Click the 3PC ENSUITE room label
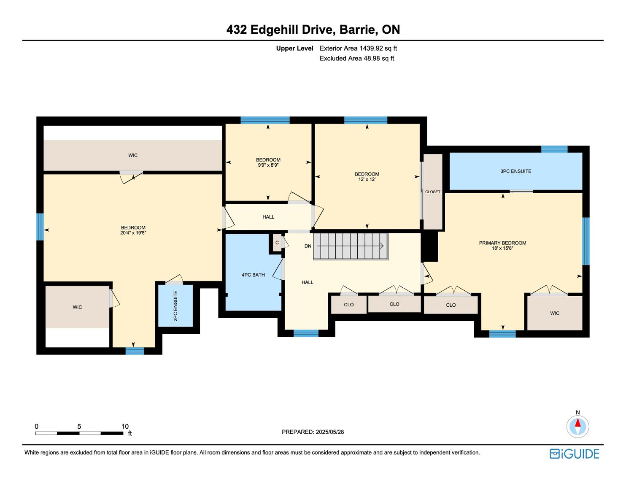click(515, 171)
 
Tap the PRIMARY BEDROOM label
click(502, 243)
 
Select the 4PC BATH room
click(253, 272)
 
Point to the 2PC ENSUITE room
click(175, 306)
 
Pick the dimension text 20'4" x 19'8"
click(133, 233)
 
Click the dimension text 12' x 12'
click(367, 179)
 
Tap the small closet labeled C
click(277, 243)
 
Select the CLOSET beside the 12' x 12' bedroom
click(432, 192)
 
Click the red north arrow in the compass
click(577, 422)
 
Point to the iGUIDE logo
click(575, 454)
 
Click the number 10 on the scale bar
click(125, 426)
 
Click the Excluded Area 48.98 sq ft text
click(356, 59)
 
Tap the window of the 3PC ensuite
click(554, 149)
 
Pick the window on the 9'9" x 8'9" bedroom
click(265, 120)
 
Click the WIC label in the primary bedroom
click(555, 313)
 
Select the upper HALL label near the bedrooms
click(268, 217)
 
